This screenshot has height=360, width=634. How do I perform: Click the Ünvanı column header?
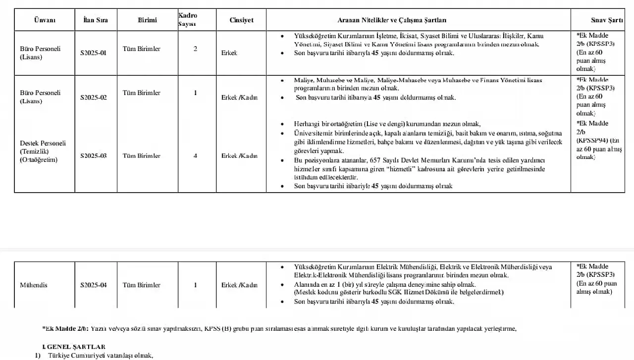tap(45, 20)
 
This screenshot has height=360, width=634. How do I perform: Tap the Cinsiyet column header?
tap(241, 20)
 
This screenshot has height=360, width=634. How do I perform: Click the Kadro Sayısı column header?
tap(188, 20)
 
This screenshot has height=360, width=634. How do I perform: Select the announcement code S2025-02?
tap(94, 98)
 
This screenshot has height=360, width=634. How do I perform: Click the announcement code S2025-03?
tap(94, 156)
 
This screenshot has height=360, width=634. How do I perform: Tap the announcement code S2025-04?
tap(94, 285)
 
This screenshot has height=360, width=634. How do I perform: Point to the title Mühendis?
tap(34, 285)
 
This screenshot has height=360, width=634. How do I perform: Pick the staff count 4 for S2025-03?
tap(195, 156)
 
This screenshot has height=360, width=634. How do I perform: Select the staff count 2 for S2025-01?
tap(195, 49)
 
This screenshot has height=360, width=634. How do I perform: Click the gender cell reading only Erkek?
tap(229, 53)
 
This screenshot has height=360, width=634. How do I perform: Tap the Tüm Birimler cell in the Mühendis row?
tap(142, 285)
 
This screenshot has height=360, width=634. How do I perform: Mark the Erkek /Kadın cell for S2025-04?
tap(239, 285)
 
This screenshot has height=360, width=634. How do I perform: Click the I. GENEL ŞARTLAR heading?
tap(74, 347)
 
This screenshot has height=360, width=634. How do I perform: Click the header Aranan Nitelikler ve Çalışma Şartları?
tap(392, 20)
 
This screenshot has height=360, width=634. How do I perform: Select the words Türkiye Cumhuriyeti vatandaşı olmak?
tap(101, 356)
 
